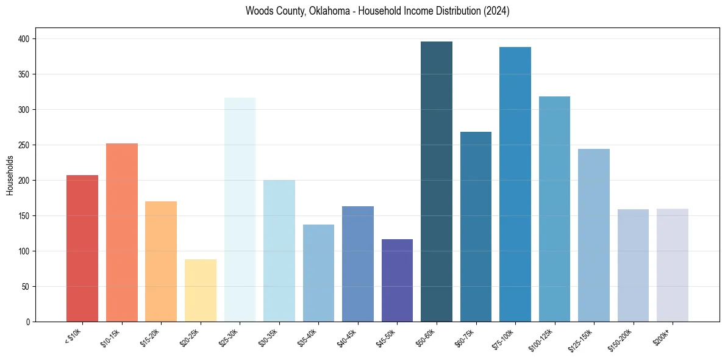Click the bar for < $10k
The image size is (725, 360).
pos(82,248)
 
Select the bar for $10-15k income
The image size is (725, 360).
pos(122,232)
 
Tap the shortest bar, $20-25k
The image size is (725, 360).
pos(201,290)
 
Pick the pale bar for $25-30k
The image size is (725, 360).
pos(240,209)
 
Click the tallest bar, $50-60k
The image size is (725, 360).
pos(437,181)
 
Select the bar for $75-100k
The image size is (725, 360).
pos(515,184)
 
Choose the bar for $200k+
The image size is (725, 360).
pos(673,265)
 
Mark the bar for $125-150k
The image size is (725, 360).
pos(594,235)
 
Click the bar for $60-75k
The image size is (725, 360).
pos(476,226)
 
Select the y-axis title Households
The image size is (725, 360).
pos(10,175)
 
